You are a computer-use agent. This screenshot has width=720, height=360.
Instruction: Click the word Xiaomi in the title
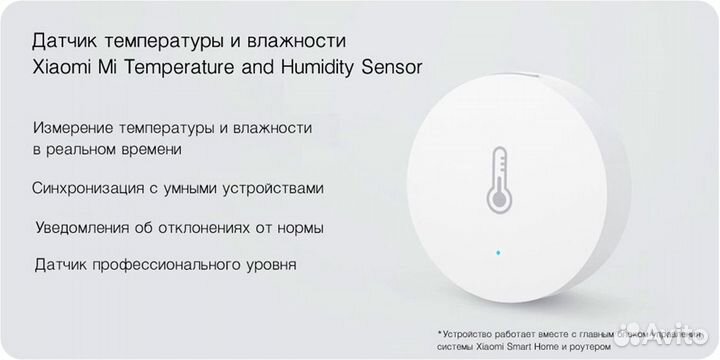(x=59, y=68)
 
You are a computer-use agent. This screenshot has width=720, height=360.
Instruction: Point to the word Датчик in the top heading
(x=61, y=42)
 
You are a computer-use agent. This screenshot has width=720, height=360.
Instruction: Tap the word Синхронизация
(x=86, y=187)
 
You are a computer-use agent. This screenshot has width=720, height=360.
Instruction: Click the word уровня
(x=269, y=266)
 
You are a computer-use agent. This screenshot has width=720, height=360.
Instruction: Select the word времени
(x=150, y=149)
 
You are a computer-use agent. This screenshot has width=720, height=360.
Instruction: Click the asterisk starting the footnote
(x=439, y=331)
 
